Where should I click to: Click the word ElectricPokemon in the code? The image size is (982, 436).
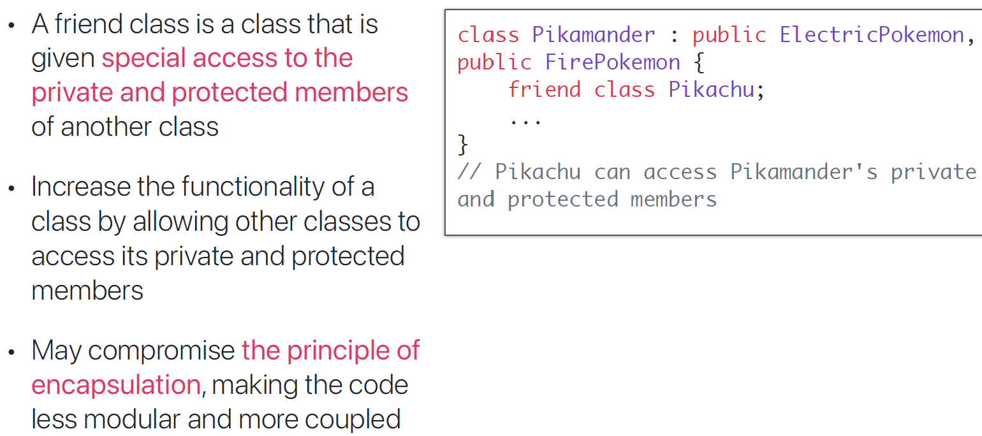point(872,34)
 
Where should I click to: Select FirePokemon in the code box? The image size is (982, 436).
point(612,62)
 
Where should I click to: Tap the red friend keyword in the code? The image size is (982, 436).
point(544,90)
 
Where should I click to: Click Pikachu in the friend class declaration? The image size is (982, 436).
point(711,90)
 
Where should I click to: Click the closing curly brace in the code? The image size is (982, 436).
point(463,145)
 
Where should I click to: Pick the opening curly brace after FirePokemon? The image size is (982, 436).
point(699,62)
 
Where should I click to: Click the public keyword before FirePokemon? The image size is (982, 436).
point(494,62)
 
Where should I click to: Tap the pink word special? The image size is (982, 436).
point(143,59)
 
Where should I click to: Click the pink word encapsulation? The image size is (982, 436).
point(116,385)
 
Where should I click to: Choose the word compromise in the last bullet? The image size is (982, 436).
point(161,351)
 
